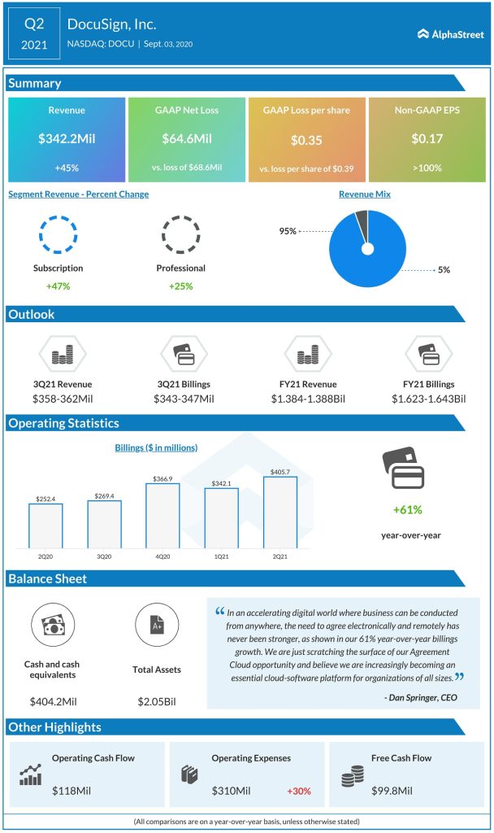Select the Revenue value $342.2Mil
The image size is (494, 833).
pos(67,139)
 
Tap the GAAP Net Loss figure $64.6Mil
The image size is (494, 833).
pos(186,139)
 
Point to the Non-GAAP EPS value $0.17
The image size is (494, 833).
pos(425,139)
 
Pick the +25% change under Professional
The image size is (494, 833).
pos(181,286)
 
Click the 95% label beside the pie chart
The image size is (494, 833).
pos(288,231)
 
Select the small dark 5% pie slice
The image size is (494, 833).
pos(362,219)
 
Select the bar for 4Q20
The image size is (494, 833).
pos(162,515)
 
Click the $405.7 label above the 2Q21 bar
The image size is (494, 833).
pos(279,471)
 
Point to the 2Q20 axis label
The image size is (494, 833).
pos(45,556)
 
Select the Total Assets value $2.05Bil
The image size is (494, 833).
pos(157,700)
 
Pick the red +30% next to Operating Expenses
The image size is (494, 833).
pos(298,790)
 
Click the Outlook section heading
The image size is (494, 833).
pos(32,314)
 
